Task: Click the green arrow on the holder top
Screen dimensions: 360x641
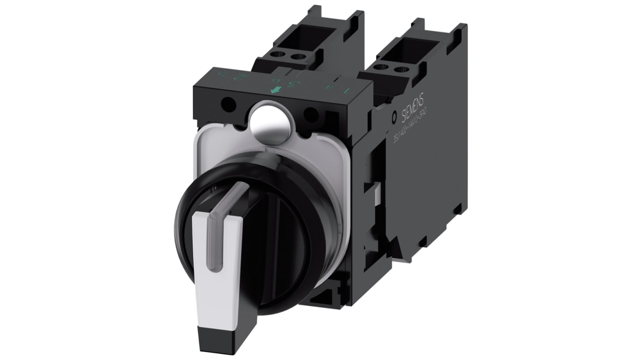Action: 273,90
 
